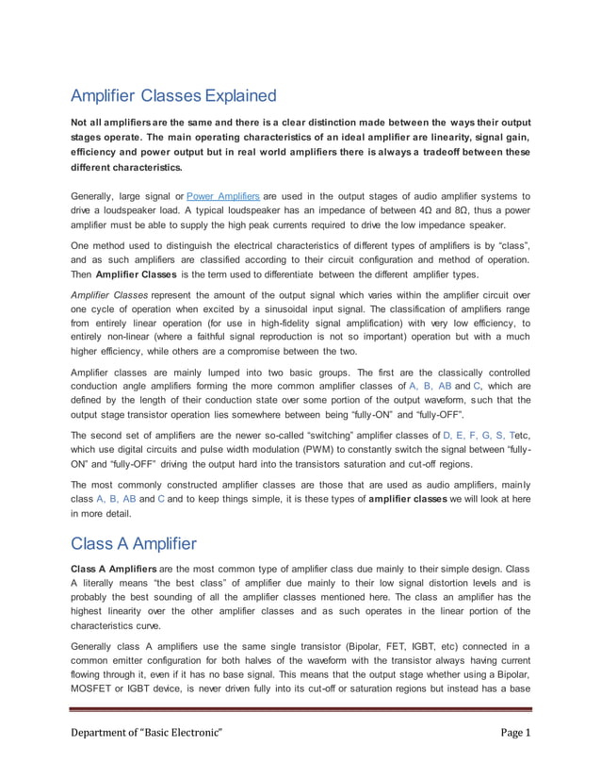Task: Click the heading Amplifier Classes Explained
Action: click(x=174, y=95)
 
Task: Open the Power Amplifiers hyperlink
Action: click(x=223, y=195)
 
